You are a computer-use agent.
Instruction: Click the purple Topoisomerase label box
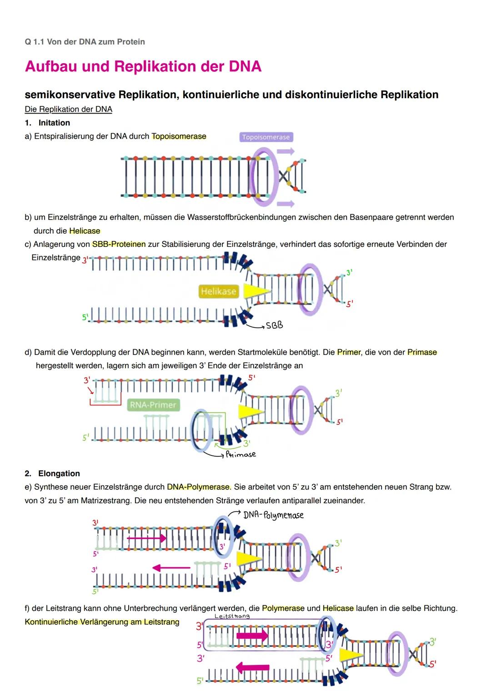click(266, 137)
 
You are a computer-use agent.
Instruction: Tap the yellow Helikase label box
click(219, 291)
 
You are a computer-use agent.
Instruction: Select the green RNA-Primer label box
click(153, 405)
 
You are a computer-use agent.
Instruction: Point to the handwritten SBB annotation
click(274, 325)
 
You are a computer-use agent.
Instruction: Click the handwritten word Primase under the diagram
click(241, 454)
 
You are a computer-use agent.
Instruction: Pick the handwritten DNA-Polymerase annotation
click(273, 515)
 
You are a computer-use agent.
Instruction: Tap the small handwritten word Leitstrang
click(232, 616)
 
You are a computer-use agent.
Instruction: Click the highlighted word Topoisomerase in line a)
click(179, 136)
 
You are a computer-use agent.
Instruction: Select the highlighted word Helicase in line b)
click(85, 231)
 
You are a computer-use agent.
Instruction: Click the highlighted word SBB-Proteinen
click(119, 244)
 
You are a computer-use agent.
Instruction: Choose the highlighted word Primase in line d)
click(422, 352)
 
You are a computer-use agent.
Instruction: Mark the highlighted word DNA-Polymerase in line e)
click(199, 487)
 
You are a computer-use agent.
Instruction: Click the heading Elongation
click(59, 474)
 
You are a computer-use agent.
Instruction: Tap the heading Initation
click(54, 123)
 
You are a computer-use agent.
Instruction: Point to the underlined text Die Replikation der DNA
click(68, 109)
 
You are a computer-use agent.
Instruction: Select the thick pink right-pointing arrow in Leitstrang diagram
click(252, 635)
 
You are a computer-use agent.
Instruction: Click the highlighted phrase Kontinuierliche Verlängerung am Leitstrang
click(102, 622)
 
